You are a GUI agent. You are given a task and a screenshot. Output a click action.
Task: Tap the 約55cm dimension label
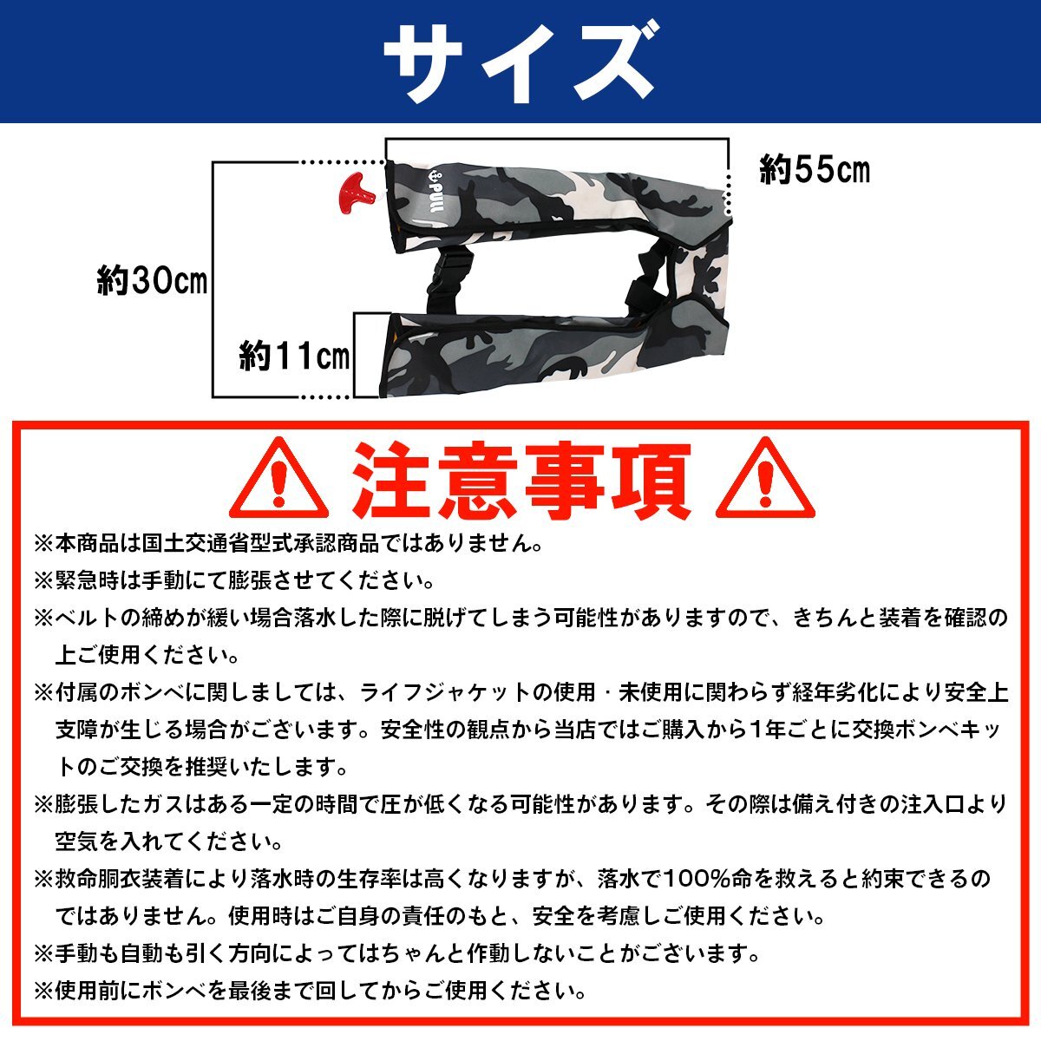[814, 170]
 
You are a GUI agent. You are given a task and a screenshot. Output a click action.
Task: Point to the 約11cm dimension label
[295, 356]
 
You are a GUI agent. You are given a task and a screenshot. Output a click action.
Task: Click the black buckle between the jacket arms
[448, 278]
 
